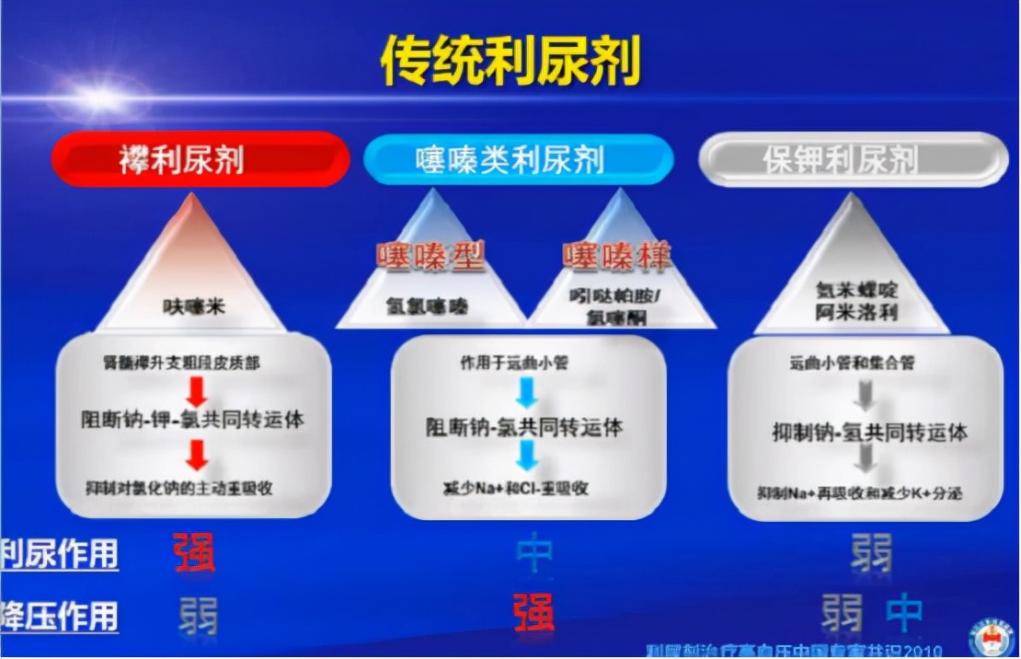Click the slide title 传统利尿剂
point(510,62)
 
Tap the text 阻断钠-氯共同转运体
point(524,427)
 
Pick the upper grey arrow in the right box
point(862,395)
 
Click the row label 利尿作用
point(60,555)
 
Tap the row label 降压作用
point(60,616)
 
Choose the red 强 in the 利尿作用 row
point(194,552)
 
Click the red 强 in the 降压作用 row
point(533,613)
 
